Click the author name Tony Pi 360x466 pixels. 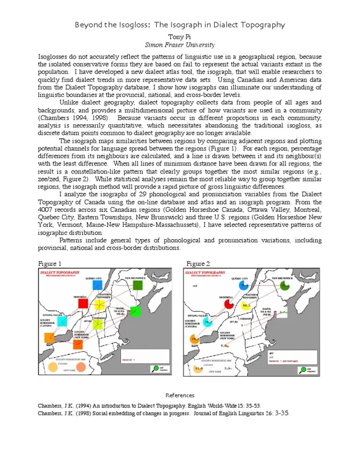[x=180, y=36]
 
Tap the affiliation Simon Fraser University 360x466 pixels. [x=180, y=45]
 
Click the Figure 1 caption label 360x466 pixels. [x=50, y=263]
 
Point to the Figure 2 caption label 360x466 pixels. [x=198, y=263]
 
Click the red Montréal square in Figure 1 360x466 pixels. [x=83, y=303]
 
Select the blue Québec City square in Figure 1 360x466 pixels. [x=97, y=285]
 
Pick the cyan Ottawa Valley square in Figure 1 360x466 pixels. [x=62, y=321]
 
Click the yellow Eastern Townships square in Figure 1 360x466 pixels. [x=99, y=305]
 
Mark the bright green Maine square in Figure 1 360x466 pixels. [x=135, y=311]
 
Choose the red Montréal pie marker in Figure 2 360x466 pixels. [x=229, y=304]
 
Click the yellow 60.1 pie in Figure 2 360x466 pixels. [x=246, y=306]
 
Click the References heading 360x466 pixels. [x=180, y=395]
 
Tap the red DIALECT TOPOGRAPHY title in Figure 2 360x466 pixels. [x=204, y=272]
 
